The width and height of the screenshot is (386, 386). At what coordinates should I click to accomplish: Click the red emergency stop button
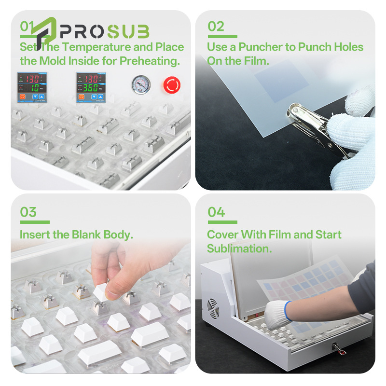[x=172, y=85]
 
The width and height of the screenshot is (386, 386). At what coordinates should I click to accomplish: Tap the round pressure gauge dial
[x=141, y=85]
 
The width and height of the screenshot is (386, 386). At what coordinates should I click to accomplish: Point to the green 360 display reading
[x=91, y=88]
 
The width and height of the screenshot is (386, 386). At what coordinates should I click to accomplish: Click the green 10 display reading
[x=35, y=88]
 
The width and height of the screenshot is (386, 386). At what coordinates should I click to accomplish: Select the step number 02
[x=216, y=27]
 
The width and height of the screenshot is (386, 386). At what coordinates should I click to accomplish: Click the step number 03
[x=28, y=212]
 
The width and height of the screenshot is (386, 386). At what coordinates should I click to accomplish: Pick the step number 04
[x=216, y=212]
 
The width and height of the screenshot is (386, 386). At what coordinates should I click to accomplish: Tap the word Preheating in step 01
[x=150, y=61]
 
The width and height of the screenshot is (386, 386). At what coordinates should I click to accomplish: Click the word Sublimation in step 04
[x=239, y=248]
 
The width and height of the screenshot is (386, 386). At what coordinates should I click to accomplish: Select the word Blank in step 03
[x=86, y=234]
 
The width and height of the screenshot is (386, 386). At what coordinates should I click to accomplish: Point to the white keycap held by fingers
[x=100, y=292]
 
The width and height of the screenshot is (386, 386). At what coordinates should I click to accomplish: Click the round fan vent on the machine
[x=213, y=308]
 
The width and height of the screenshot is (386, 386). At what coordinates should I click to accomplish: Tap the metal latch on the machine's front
[x=339, y=348]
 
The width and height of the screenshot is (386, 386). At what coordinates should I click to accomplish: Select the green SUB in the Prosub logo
[x=128, y=31]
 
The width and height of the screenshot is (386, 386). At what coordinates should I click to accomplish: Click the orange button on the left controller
[x=22, y=97]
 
